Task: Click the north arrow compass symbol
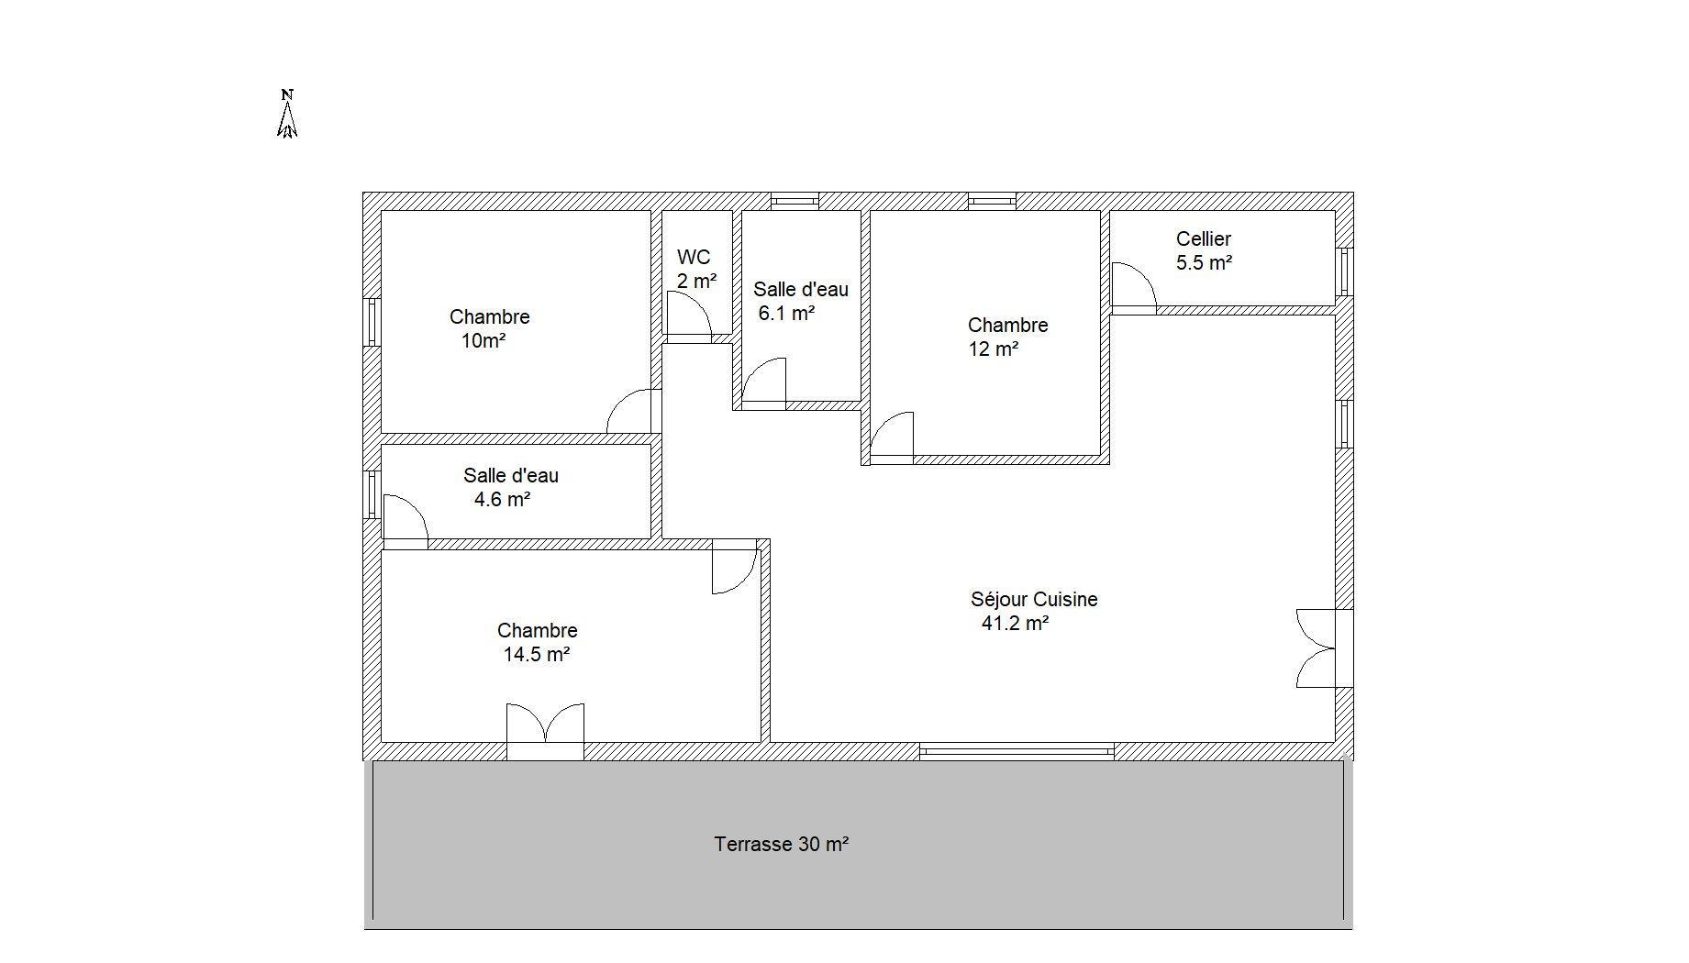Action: click(x=287, y=114)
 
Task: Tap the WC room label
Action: click(x=694, y=258)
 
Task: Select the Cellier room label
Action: click(x=1204, y=239)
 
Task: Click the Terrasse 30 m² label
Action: click(x=781, y=844)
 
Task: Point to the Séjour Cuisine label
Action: click(x=1034, y=600)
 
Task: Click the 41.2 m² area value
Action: click(x=1015, y=624)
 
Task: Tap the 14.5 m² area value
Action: click(x=537, y=655)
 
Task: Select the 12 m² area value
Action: click(x=994, y=349)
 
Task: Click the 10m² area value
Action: click(x=483, y=341)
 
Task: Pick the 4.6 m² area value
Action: click(x=502, y=500)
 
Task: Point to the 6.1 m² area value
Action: click(x=786, y=314)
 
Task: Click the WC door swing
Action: click(x=689, y=315)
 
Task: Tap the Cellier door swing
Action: click(x=1134, y=285)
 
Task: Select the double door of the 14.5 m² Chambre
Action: click(x=545, y=728)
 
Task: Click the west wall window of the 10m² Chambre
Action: click(x=372, y=322)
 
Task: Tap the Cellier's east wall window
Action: click(x=1345, y=271)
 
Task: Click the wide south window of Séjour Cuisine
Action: click(x=1017, y=752)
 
